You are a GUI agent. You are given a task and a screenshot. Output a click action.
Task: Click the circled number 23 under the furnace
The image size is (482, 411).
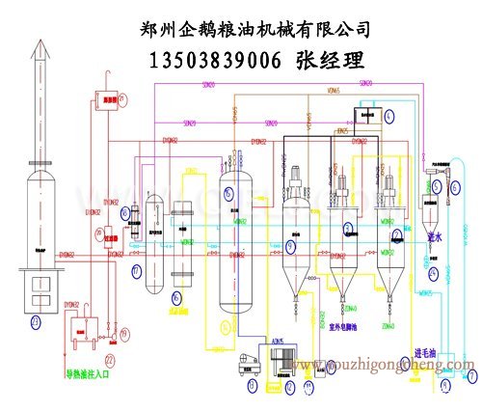(37, 320)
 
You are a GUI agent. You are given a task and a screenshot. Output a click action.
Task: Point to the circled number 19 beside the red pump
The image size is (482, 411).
(124, 333)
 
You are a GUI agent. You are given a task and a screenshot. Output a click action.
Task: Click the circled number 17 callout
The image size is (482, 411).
(137, 271)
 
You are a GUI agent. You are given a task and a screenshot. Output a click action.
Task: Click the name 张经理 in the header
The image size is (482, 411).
(332, 61)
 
